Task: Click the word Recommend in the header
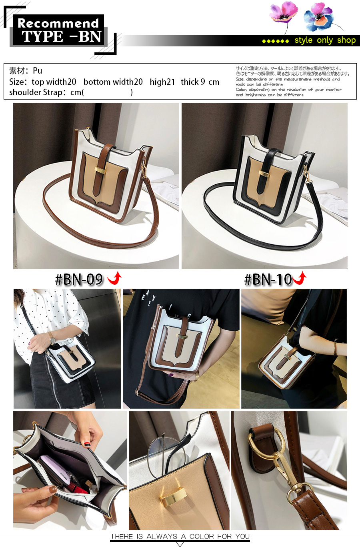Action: tap(58, 24)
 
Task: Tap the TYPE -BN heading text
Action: tap(61, 37)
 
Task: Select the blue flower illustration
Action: tap(319, 17)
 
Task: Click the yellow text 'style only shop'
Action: tap(325, 40)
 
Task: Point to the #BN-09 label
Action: tap(79, 279)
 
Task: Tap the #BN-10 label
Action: tap(268, 279)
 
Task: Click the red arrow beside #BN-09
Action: tap(114, 278)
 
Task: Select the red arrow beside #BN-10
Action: tap(300, 278)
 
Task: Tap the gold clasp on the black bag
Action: tap(264, 173)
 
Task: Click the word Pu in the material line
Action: tap(38, 71)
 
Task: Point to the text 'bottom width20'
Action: tap(113, 82)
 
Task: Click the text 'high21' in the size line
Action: tap(162, 82)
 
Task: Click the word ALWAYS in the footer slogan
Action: tap(162, 537)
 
